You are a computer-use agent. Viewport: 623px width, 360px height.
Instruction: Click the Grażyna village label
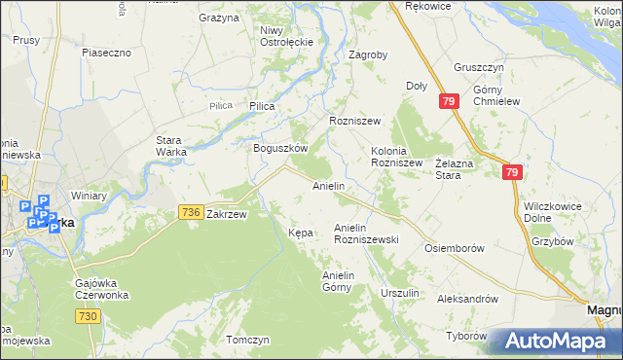pyautogui.click(x=219, y=18)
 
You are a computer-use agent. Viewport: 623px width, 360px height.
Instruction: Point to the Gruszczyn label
pyautogui.click(x=477, y=68)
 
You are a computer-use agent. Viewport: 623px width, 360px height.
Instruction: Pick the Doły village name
pyautogui.click(x=417, y=86)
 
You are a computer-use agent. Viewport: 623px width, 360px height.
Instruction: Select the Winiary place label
pyautogui.click(x=88, y=196)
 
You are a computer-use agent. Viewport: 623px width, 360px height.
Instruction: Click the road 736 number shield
pyautogui.click(x=191, y=212)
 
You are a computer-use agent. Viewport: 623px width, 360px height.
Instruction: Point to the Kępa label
pyautogui.click(x=301, y=233)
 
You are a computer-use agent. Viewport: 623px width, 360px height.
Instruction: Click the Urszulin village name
pyautogui.click(x=400, y=293)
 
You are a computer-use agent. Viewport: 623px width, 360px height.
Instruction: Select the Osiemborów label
pyautogui.click(x=455, y=248)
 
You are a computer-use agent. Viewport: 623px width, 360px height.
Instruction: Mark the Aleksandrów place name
pyautogui.click(x=467, y=299)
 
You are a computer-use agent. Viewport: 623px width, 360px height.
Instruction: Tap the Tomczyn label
pyautogui.click(x=246, y=340)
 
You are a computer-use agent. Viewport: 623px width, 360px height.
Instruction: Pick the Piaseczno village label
pyautogui.click(x=107, y=53)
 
